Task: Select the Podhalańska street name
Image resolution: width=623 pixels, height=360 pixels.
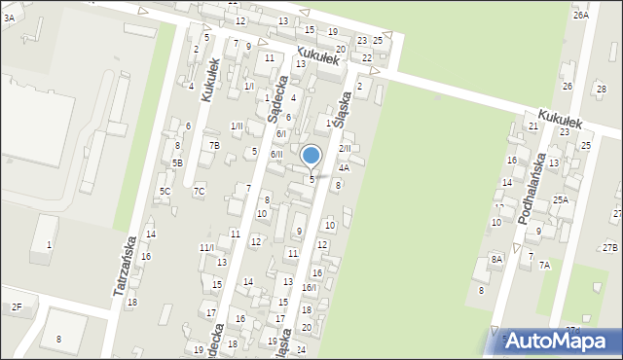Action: (x=531, y=188)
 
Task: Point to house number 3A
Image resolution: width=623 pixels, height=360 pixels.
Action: (x=8, y=18)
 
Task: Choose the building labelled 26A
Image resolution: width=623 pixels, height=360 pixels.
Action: (x=580, y=16)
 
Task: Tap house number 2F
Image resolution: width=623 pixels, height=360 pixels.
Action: (x=17, y=306)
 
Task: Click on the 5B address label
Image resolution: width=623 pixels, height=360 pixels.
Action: (x=177, y=162)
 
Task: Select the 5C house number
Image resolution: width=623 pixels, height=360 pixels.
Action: (x=165, y=191)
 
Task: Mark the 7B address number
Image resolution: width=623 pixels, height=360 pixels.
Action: (x=214, y=145)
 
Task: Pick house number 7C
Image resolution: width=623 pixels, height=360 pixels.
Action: (x=199, y=191)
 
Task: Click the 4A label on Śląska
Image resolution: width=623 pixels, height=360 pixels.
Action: (x=344, y=167)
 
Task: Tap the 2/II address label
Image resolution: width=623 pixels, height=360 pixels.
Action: (x=345, y=148)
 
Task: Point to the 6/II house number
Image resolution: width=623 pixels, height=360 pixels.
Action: (x=276, y=154)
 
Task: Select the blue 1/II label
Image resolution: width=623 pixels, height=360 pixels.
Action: (x=237, y=126)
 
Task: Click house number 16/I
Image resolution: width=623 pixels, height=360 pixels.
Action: (x=309, y=287)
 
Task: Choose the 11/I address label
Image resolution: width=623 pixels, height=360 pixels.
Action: (x=206, y=247)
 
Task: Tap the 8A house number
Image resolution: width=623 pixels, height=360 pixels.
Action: (x=496, y=259)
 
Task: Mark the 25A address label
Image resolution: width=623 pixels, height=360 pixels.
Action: (x=561, y=199)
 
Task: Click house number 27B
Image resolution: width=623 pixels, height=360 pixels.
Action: (x=610, y=248)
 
